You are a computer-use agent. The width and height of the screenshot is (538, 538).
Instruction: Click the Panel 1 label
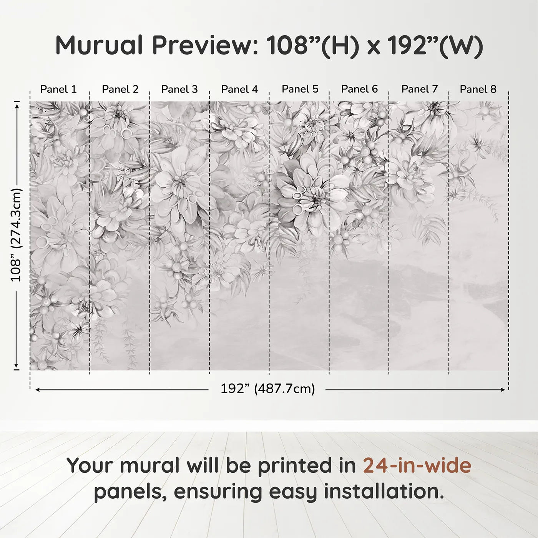tap(58, 89)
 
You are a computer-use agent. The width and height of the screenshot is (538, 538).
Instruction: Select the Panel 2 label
tap(120, 89)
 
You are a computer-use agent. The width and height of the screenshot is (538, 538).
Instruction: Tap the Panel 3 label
tap(179, 89)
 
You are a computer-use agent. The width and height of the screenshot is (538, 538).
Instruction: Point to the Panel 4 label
tap(239, 89)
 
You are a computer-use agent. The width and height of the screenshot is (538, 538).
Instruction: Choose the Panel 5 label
tap(300, 89)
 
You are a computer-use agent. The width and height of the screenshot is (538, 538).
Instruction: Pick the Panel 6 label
tap(359, 89)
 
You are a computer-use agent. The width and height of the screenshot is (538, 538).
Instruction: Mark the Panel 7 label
tap(419, 89)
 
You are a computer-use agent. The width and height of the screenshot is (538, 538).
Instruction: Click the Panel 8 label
tap(478, 89)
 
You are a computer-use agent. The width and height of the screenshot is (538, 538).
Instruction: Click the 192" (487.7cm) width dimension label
tap(267, 389)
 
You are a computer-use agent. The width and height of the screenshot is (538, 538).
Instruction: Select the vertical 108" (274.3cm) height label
tap(16, 235)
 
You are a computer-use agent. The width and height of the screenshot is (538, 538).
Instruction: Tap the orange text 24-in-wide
tap(417, 465)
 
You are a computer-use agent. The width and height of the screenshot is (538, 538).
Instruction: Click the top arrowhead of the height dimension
tap(17, 105)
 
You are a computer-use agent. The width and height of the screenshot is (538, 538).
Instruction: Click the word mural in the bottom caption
tap(150, 465)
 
